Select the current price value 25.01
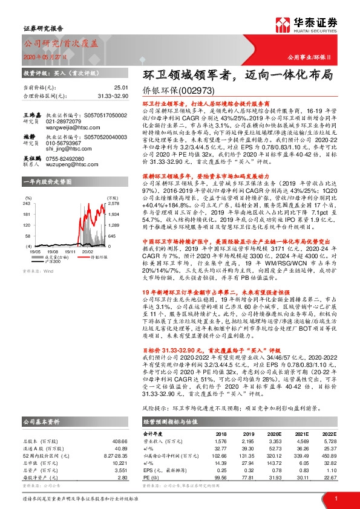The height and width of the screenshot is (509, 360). point(104,88)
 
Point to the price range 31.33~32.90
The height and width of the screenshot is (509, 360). point(95,96)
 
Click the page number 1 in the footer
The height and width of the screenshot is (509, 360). point(336,498)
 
